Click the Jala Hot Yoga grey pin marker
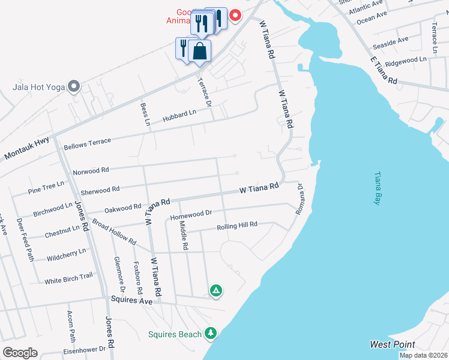pyautogui.click(x=74, y=87)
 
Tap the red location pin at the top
pyautogui.click(x=236, y=15)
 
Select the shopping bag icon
pyautogui.click(x=200, y=52)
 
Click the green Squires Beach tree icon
pyautogui.click(x=210, y=332)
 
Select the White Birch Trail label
pyautogui.click(x=68, y=278)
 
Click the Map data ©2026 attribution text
pyautogui.click(x=423, y=355)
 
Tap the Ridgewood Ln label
pyautogui.click(x=405, y=61)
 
